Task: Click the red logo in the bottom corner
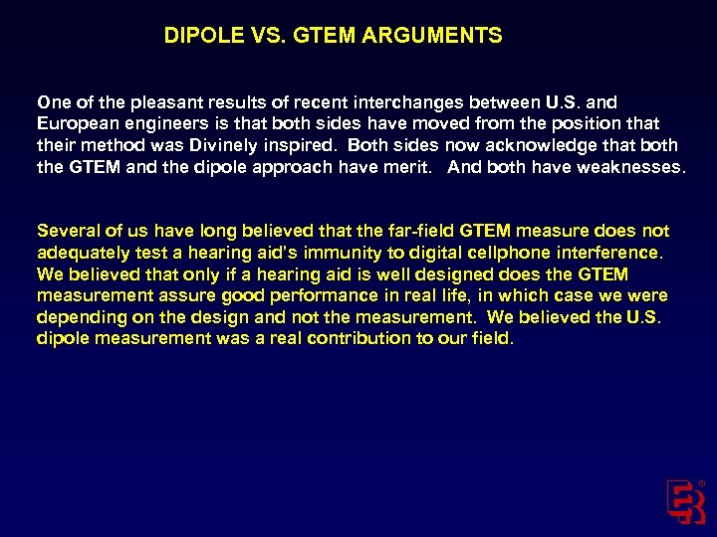[686, 501]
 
